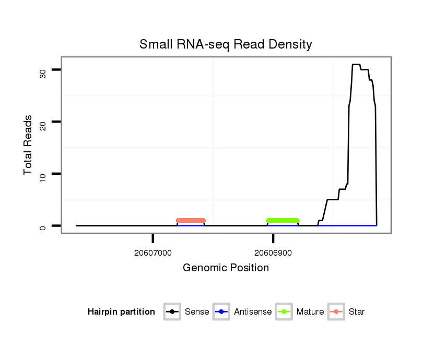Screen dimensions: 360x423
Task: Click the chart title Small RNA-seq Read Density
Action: [x=226, y=44]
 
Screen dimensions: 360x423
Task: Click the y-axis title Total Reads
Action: [x=28, y=145]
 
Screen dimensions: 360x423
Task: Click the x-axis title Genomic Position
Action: [x=226, y=268]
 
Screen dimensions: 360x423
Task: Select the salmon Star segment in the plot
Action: [x=191, y=221]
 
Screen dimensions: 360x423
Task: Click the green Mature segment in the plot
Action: [x=283, y=221]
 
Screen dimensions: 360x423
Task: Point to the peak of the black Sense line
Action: [x=356, y=65]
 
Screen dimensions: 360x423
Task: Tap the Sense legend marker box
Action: [x=172, y=312]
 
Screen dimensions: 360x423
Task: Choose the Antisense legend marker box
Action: [x=222, y=312]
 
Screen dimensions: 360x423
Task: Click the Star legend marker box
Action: [x=336, y=312]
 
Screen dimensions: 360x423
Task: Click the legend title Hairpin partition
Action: [x=121, y=312]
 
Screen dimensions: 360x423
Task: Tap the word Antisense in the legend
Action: [x=253, y=312]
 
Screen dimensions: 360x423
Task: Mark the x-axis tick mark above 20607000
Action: [x=152, y=238]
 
